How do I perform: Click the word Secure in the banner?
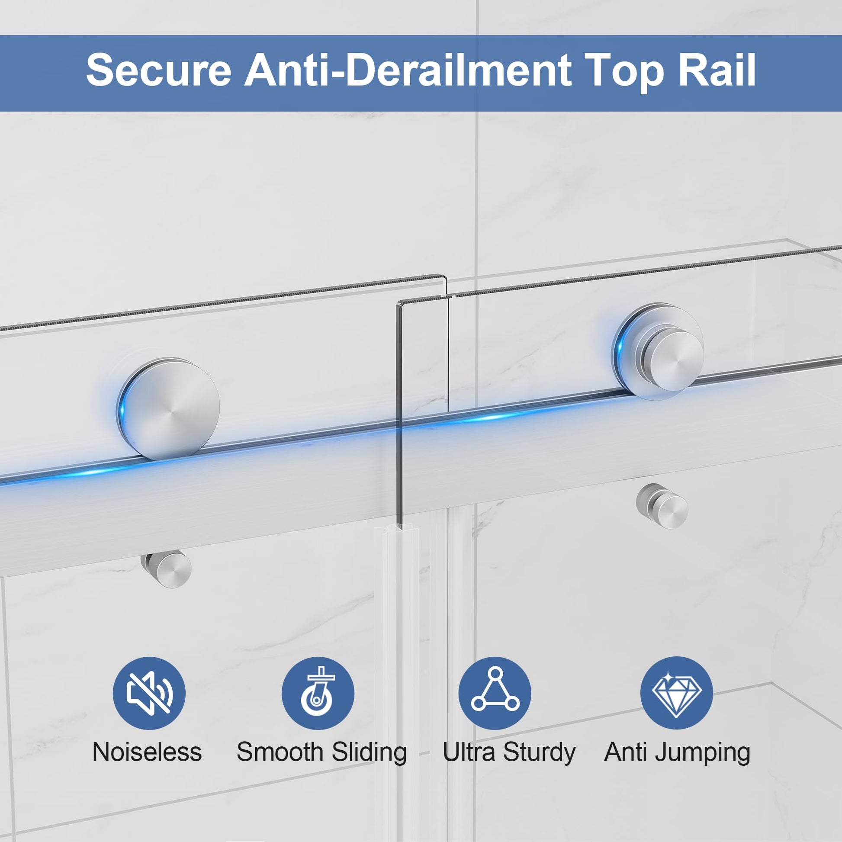click(x=159, y=70)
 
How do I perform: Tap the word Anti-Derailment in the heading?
click(x=408, y=70)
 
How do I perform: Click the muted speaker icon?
click(x=149, y=694)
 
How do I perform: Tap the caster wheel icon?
click(x=318, y=694)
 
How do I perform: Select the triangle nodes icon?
click(x=495, y=694)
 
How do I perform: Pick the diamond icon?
click(x=676, y=694)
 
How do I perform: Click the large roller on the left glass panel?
click(x=168, y=409)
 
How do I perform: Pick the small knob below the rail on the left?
click(x=167, y=569)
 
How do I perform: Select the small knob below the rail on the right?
click(x=662, y=506)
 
